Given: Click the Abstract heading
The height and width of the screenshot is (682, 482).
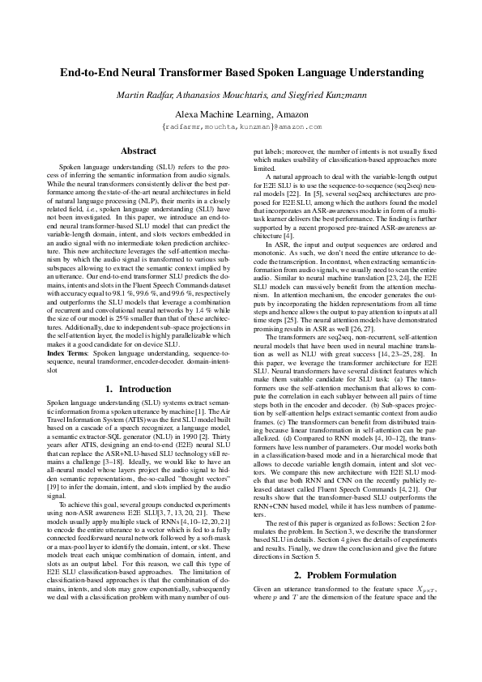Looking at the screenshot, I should pos(139,151).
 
